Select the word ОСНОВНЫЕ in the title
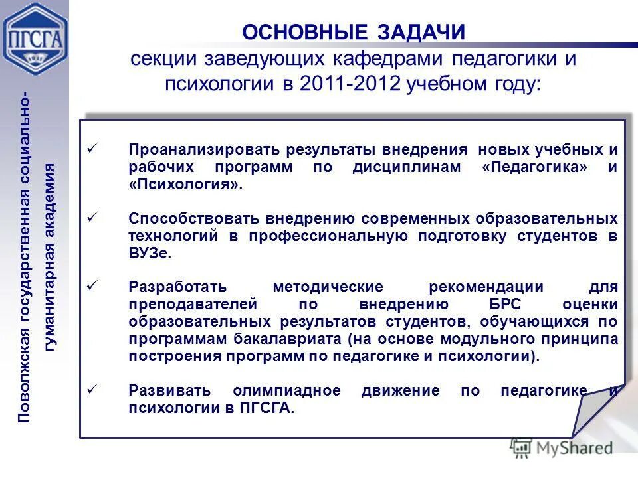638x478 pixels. (x=304, y=31)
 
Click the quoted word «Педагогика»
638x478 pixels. (x=535, y=167)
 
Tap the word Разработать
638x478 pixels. (x=177, y=287)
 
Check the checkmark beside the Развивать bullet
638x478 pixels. (x=93, y=390)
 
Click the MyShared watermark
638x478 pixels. (x=562, y=447)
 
